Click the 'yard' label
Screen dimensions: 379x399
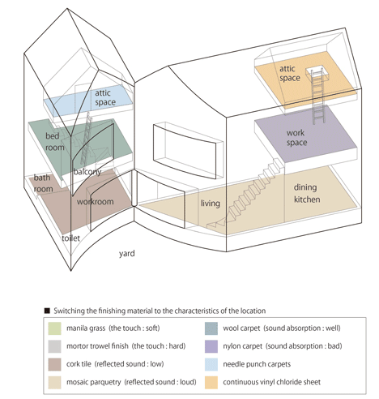coord(126,254)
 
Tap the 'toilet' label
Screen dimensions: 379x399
coord(70,238)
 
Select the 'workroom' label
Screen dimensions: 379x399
coord(95,202)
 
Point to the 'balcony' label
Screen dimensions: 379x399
coord(87,172)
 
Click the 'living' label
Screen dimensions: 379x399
coord(211,204)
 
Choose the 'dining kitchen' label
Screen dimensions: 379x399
coord(307,193)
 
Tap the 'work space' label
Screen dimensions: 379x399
coord(296,138)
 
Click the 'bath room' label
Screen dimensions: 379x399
coord(43,183)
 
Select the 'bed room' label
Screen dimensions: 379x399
coord(55,142)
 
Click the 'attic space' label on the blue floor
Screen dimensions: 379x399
coord(105,97)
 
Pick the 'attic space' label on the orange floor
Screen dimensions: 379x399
coord(290,73)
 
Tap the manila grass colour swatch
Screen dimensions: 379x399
coord(54,328)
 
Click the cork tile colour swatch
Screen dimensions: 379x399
coord(54,364)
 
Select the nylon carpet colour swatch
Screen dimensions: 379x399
coord(211,346)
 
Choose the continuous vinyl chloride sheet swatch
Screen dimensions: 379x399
coord(211,382)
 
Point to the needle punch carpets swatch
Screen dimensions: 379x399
coord(211,364)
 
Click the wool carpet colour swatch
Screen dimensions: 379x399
coord(211,328)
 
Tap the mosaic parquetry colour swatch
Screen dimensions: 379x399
coord(54,382)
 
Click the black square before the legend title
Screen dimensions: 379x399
coord(47,311)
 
